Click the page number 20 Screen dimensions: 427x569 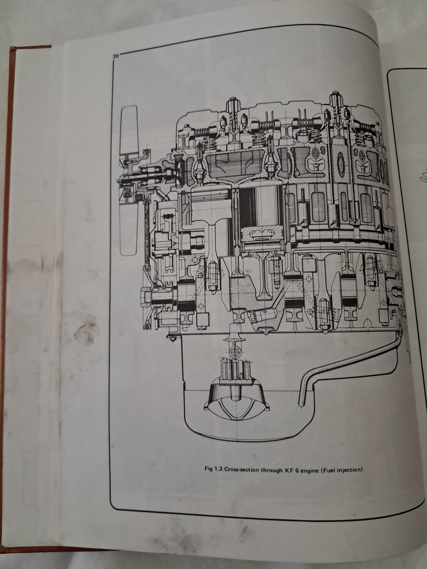(116, 56)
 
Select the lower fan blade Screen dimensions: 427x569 (129, 228)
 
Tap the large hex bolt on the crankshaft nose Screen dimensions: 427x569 (146, 296)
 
